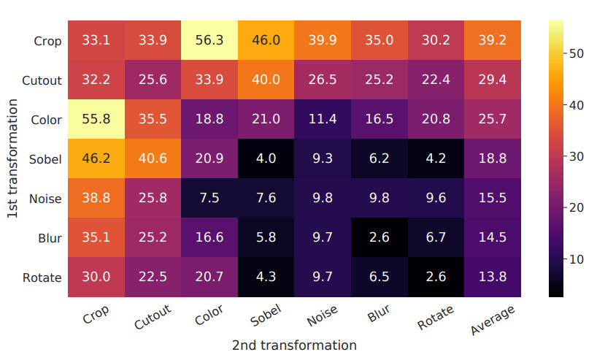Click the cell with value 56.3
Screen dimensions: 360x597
209,39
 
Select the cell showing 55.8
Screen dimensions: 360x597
96,119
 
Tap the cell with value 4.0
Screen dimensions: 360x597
266,158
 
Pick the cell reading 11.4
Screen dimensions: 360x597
323,119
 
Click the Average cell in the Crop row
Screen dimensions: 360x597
493,39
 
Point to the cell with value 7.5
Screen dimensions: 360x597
209,198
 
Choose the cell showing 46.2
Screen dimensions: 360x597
96,158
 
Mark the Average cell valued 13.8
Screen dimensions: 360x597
493,277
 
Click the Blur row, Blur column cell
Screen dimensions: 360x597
380,238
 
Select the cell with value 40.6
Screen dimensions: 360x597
153,158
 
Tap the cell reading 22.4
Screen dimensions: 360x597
436,79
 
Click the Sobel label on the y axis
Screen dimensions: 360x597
46,158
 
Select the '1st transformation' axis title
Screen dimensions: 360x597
12,158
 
